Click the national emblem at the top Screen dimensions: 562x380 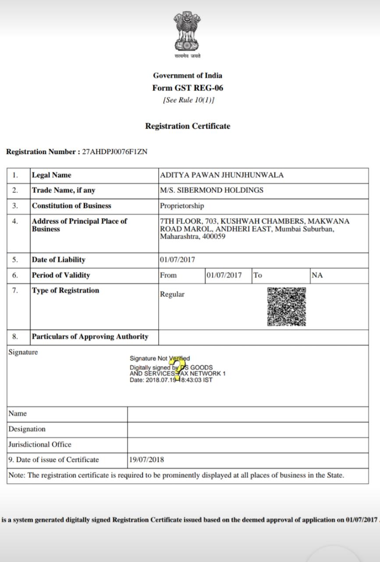pyautogui.click(x=187, y=32)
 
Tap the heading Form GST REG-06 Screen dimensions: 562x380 pyautogui.click(x=188, y=88)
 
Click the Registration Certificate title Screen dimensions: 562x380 pyautogui.click(x=188, y=126)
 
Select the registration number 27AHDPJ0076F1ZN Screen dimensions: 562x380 pyautogui.click(x=115, y=152)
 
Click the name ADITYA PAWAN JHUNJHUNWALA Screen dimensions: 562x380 pyautogui.click(x=222, y=175)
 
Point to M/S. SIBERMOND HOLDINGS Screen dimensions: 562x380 pyautogui.click(x=212, y=191)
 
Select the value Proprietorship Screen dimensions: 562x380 pyautogui.click(x=182, y=206)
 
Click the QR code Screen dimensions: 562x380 pyautogui.click(x=287, y=307)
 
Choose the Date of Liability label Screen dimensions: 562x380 pyautogui.click(x=59, y=260)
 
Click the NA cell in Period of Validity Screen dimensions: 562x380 pyautogui.click(x=317, y=275)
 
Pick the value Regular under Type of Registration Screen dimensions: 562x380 pyautogui.click(x=172, y=295)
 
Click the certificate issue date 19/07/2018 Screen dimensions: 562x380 pyautogui.click(x=147, y=460)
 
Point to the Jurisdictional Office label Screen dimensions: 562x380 pyautogui.click(x=40, y=444)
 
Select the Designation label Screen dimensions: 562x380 pyautogui.click(x=27, y=429)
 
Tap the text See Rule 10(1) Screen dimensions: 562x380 pyautogui.click(x=188, y=100)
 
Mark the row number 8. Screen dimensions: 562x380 pyautogui.click(x=15, y=337)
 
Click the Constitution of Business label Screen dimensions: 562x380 pyautogui.click(x=71, y=206)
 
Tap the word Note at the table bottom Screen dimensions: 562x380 pyautogui.click(x=16, y=475)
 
